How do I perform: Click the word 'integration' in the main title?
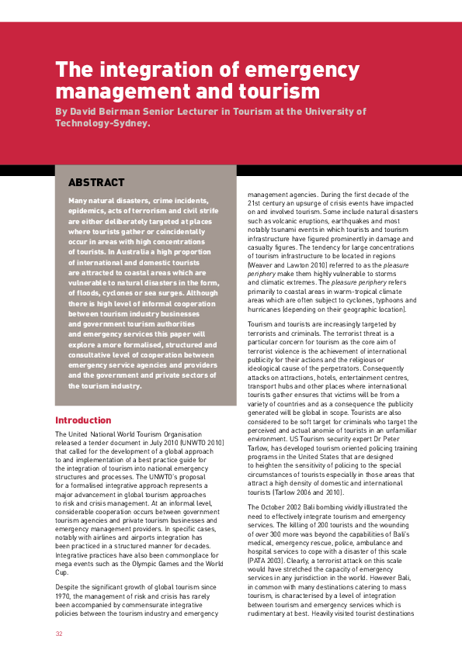coord(157,69)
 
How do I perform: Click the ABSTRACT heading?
coord(96,183)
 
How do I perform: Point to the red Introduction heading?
coord(83,420)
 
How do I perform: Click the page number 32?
coord(59,634)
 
